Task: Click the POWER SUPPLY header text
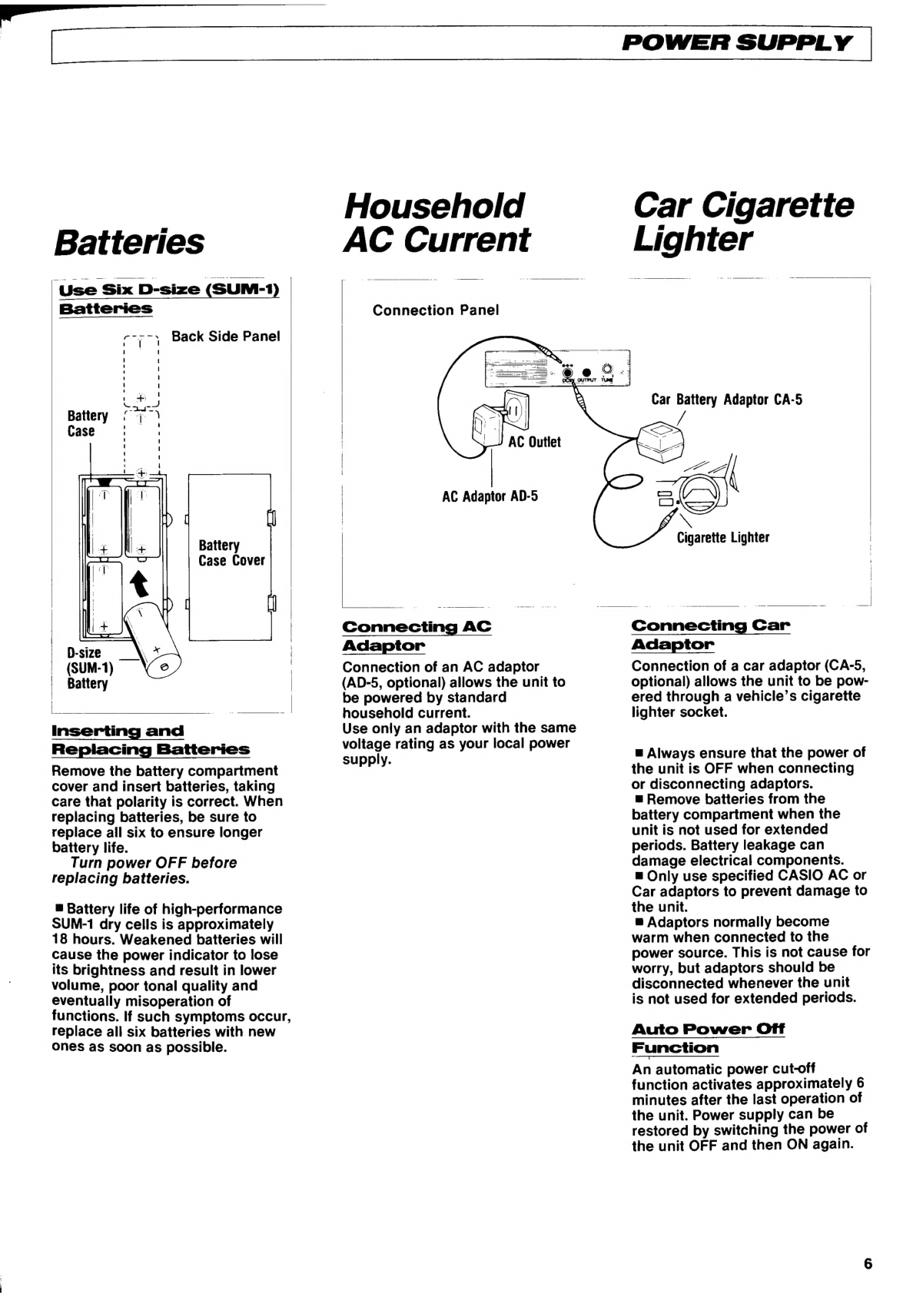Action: click(737, 43)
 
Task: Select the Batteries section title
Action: click(129, 241)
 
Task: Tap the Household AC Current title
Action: click(437, 223)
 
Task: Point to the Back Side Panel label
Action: click(225, 337)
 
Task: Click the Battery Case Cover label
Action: click(231, 553)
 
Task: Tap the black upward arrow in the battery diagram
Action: click(140, 584)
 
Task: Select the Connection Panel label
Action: click(436, 310)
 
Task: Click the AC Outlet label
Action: click(534, 442)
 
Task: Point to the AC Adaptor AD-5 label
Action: click(490, 496)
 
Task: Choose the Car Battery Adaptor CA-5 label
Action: click(726, 400)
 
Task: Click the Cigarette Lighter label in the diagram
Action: click(722, 538)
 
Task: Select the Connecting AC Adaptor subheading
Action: click(416, 635)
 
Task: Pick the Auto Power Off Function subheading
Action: click(708, 1038)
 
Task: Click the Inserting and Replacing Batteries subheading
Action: click(150, 740)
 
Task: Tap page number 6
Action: click(868, 1264)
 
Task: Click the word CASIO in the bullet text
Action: click(822, 875)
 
